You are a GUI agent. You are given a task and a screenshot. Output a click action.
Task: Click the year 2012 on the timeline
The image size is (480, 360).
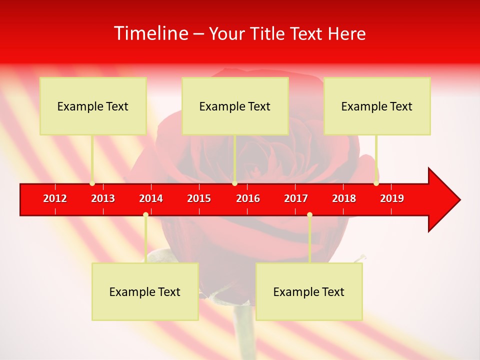click(55, 198)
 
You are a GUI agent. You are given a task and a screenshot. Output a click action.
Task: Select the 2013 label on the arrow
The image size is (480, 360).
click(103, 198)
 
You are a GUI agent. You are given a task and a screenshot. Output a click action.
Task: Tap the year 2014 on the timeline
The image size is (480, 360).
click(151, 198)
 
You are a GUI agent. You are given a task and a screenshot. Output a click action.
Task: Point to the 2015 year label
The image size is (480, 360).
click(199, 198)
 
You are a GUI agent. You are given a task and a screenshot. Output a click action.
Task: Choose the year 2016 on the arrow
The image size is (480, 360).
click(248, 198)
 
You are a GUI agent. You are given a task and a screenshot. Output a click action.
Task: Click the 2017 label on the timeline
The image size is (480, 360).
click(296, 198)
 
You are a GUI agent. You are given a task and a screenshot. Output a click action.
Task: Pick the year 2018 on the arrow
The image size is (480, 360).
click(344, 198)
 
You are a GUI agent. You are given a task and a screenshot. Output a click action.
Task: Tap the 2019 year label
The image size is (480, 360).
click(392, 198)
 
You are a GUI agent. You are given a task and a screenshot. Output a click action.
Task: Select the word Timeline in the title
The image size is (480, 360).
click(150, 33)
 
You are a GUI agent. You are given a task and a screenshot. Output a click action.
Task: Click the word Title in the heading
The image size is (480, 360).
click(268, 33)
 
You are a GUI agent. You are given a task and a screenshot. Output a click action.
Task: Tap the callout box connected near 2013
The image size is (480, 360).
click(93, 106)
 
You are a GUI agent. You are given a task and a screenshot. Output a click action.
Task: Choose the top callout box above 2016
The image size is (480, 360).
click(235, 106)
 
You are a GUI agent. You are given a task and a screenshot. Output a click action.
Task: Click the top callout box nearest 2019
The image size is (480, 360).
click(377, 106)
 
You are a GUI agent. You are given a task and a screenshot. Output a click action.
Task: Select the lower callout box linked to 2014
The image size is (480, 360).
click(145, 291)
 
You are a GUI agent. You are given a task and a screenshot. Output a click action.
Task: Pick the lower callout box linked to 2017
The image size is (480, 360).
click(309, 291)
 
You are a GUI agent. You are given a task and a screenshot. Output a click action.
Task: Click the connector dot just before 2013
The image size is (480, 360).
click(92, 183)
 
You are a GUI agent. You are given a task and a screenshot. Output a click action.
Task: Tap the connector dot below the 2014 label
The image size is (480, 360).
click(145, 214)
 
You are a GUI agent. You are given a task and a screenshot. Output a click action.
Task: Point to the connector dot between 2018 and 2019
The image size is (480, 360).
click(376, 183)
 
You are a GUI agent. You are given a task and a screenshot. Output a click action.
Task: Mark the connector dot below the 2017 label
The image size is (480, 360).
click(309, 214)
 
